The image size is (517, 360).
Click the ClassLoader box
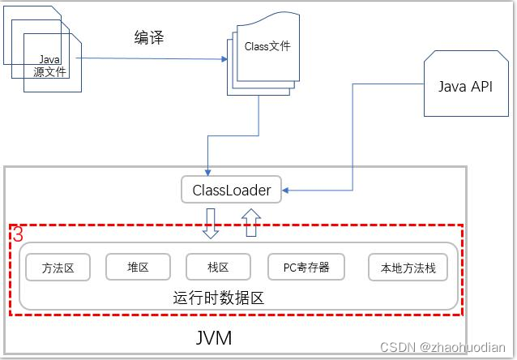[x=231, y=191]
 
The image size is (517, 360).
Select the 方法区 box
[x=58, y=268]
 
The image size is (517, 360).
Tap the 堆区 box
[x=138, y=267]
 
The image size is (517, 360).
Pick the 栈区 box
[x=218, y=267]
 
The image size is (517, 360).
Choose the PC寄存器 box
[x=305, y=267]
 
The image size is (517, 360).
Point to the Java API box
[x=465, y=87]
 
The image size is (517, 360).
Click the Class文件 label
[x=267, y=46]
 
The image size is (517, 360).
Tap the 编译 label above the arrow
[x=148, y=37]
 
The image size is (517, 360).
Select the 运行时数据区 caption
[x=219, y=298]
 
